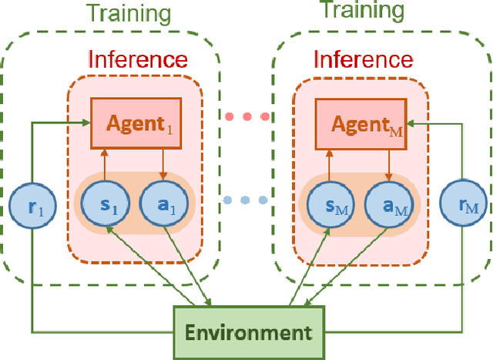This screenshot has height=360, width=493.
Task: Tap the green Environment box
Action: (x=248, y=332)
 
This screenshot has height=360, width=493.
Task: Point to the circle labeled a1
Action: (x=162, y=206)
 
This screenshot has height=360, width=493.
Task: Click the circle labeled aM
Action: (x=387, y=206)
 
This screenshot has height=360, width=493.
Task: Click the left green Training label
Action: (x=129, y=12)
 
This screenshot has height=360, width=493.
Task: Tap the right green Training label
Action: (x=362, y=11)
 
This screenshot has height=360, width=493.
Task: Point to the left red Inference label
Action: (x=137, y=59)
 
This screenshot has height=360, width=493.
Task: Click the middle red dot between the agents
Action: (x=246, y=117)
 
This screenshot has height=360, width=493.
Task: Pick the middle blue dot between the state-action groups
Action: (x=246, y=200)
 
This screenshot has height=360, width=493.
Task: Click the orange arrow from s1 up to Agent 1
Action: (x=105, y=164)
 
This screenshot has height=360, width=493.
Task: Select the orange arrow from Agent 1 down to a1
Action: (x=162, y=164)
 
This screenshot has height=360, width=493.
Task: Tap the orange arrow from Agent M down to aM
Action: (x=387, y=164)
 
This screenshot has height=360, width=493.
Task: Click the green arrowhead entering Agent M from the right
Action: (x=408, y=121)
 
